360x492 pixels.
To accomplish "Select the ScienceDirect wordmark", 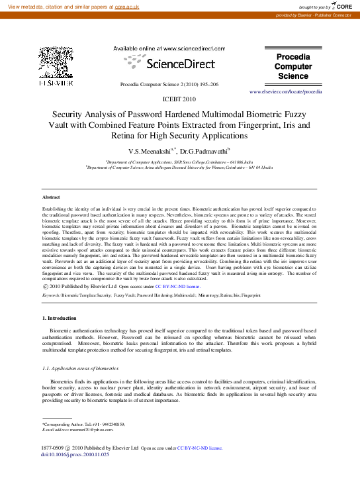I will tap(169, 64).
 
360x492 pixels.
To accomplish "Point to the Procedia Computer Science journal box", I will tap(292, 66).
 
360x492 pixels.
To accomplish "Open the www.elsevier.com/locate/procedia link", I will tap(286, 93).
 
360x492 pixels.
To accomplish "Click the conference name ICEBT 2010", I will tap(179, 99).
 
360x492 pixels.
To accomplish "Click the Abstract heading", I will tap(51, 197).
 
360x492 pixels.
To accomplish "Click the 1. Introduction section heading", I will tap(59, 319).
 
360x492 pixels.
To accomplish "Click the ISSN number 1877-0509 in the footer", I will tap(54, 448).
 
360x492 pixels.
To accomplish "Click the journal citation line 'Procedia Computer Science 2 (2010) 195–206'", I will tap(169, 85).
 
